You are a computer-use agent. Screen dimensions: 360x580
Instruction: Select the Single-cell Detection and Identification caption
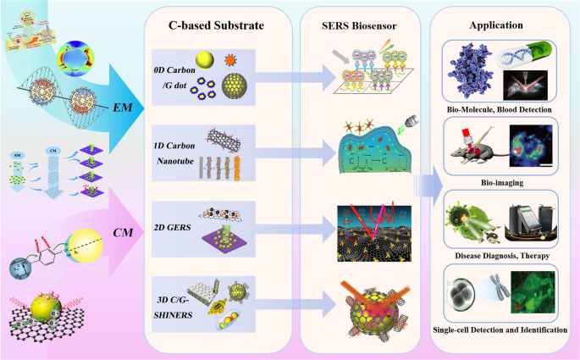point(499,328)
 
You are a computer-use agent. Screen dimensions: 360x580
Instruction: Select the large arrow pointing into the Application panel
point(427,180)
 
